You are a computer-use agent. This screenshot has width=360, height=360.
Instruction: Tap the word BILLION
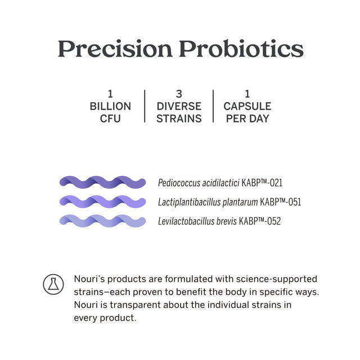(x=110, y=106)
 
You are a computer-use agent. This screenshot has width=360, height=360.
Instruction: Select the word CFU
(x=110, y=119)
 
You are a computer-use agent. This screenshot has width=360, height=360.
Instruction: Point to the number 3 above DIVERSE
(x=178, y=94)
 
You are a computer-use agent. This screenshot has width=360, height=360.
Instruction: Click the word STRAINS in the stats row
(x=178, y=119)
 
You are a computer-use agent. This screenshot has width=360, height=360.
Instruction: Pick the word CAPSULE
(x=247, y=106)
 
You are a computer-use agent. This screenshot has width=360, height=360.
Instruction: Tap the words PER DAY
(x=247, y=119)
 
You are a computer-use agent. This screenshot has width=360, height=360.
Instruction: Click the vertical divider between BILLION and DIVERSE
(x=145, y=106)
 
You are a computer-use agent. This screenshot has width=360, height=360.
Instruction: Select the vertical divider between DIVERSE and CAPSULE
(x=213, y=106)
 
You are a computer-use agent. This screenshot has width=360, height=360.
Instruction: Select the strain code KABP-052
(x=260, y=221)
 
